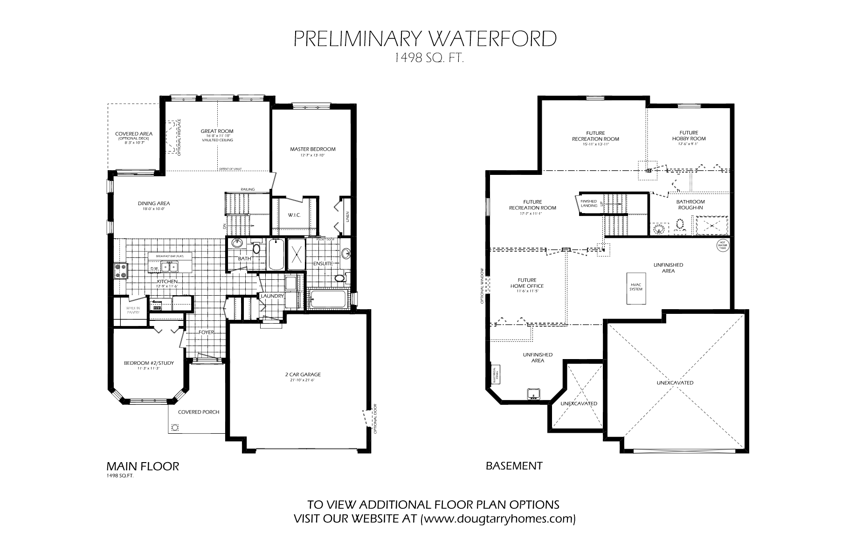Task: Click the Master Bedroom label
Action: tap(312, 149)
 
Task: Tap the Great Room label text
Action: tap(217, 132)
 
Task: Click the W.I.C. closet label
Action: tap(294, 215)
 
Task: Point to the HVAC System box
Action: tap(635, 287)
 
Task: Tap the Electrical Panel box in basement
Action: tap(495, 374)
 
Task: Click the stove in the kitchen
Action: tap(121, 271)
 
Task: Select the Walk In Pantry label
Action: tap(130, 310)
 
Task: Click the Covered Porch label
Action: tap(199, 412)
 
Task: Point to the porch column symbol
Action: tap(175, 427)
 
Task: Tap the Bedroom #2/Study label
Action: tap(149, 363)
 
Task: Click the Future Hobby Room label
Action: tap(689, 136)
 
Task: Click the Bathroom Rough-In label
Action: tap(690, 205)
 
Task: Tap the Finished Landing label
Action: tap(589, 203)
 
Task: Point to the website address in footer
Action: tap(498, 519)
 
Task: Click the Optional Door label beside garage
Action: tap(375, 419)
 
